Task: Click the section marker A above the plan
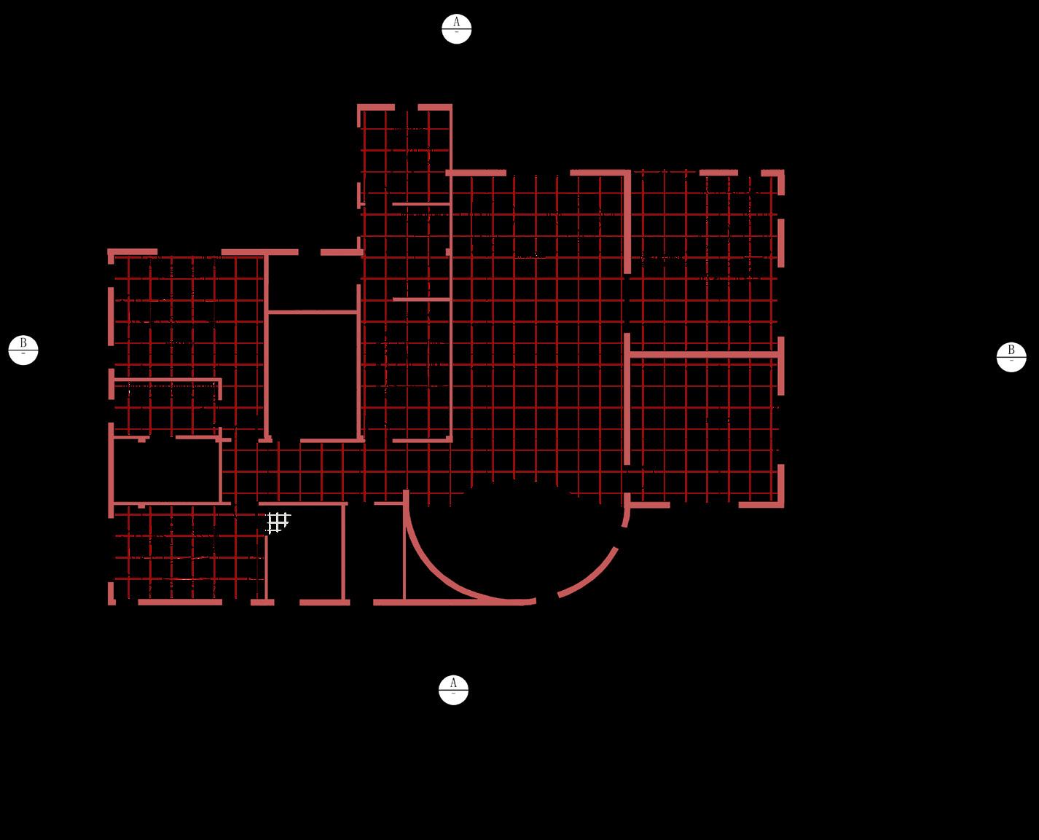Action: point(456,29)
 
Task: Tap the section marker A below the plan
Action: point(453,690)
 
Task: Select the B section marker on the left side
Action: point(23,350)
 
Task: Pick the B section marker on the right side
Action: point(1011,357)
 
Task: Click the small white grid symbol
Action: point(278,522)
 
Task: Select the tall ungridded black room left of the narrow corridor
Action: point(313,375)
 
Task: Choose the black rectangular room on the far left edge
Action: point(167,471)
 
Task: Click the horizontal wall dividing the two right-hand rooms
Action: point(703,355)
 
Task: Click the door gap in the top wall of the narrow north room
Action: point(407,107)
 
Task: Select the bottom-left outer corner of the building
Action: point(111,602)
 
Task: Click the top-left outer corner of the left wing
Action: point(111,252)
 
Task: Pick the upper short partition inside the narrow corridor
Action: point(420,204)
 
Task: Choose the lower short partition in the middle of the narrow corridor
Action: point(420,299)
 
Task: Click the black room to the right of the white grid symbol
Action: point(306,554)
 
